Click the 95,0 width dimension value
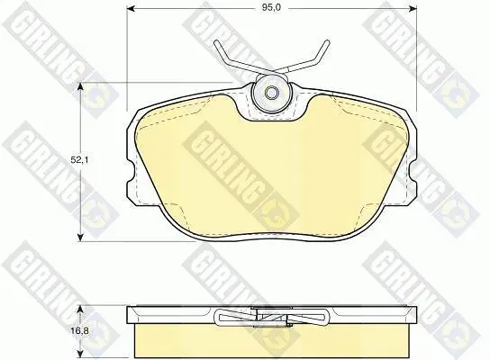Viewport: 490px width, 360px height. click(271, 8)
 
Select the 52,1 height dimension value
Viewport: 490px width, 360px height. click(79, 160)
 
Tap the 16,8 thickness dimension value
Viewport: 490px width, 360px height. click(80, 330)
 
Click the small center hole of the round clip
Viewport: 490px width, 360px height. click(271, 93)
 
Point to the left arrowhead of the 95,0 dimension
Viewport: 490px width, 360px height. click(131, 8)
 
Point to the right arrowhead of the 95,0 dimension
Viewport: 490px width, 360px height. click(413, 8)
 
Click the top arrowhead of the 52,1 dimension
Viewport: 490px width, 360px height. click(81, 86)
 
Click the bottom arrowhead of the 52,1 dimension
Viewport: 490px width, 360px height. click(81, 237)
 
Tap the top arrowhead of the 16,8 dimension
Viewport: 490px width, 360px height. click(81, 310)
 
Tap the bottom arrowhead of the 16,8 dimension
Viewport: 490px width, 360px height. click(81, 354)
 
